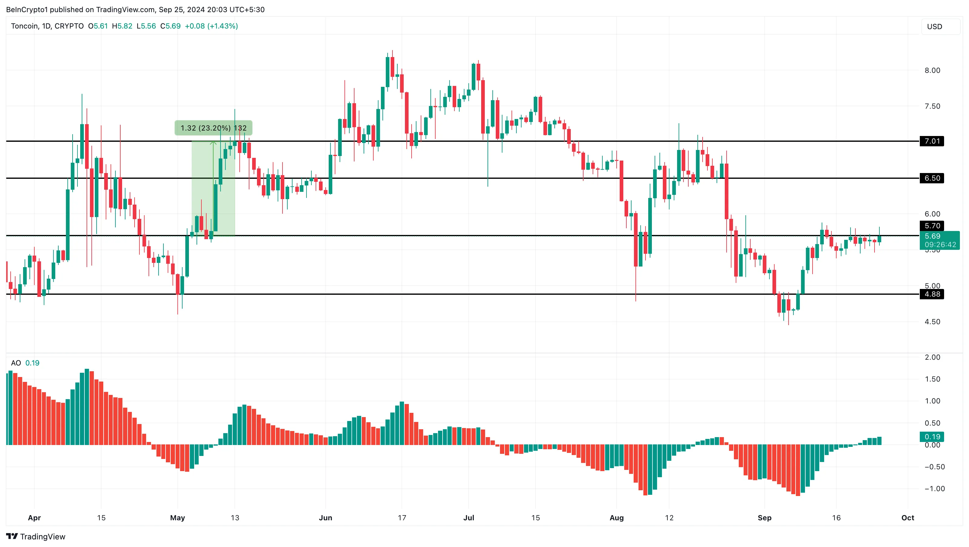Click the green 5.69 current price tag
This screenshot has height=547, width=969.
point(939,240)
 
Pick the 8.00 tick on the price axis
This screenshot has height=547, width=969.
point(932,71)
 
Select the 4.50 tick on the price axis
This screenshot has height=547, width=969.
point(932,322)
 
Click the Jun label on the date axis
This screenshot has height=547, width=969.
point(325,518)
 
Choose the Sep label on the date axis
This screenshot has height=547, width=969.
point(764,518)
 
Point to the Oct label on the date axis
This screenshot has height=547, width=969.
point(908,518)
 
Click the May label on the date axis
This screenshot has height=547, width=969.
point(178,518)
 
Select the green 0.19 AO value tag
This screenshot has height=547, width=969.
point(932,437)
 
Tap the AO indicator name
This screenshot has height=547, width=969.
point(16,363)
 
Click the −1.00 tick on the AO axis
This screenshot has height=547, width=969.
point(934,489)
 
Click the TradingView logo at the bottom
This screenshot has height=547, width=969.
point(36,536)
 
